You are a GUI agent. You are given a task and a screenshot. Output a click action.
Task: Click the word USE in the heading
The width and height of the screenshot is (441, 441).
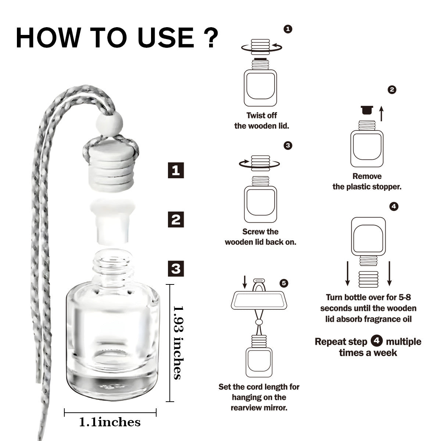(166, 37)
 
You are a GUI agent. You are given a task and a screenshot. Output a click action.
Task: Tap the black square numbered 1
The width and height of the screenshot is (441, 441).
(176, 170)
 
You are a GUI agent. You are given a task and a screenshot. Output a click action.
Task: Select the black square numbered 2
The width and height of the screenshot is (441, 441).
(176, 219)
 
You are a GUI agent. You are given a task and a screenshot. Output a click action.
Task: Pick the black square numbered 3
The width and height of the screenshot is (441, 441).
(176, 269)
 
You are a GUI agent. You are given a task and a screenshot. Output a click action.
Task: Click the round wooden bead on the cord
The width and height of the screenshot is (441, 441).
(109, 123)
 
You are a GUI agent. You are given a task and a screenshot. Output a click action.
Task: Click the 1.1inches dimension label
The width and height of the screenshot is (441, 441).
(110, 422)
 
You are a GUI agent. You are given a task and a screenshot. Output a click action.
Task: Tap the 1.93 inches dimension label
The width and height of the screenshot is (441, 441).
(178, 343)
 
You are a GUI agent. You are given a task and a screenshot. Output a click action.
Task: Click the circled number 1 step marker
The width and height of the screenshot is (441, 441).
(288, 29)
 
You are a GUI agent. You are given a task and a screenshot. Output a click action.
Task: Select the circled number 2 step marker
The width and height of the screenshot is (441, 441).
(392, 90)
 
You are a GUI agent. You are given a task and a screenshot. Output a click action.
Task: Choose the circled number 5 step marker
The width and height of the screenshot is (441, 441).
(284, 283)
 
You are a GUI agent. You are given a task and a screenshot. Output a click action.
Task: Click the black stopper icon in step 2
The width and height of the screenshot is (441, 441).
(367, 110)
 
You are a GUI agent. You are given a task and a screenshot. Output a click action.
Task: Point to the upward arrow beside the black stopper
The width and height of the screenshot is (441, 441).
(381, 114)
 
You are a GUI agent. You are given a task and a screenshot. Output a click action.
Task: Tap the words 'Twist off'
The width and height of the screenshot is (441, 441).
(262, 115)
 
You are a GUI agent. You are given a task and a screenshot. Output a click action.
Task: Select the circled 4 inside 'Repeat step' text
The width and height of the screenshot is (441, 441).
(377, 341)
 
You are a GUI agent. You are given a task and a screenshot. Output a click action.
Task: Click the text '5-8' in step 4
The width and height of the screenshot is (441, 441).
(405, 297)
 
